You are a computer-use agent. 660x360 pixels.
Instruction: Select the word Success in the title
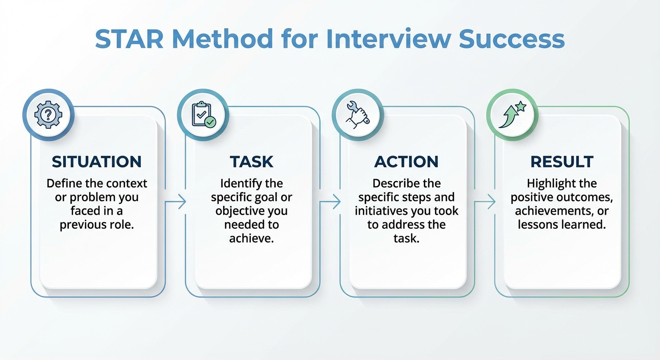point(512,39)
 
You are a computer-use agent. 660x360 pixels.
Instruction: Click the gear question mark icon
point(48,114)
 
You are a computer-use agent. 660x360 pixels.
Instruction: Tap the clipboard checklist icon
point(203,114)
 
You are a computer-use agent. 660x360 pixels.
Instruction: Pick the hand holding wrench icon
point(358,114)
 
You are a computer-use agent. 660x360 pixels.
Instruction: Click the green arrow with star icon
point(512,114)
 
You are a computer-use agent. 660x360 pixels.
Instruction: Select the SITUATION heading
point(97,162)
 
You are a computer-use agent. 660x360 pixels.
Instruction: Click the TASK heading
point(252,162)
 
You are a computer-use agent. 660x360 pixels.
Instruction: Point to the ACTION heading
point(406,162)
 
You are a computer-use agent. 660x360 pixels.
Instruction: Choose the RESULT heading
point(562,162)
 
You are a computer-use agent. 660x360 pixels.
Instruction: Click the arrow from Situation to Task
point(176,202)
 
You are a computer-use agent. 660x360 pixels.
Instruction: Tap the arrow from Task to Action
point(330,202)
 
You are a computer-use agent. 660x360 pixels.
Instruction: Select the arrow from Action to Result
point(485,202)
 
